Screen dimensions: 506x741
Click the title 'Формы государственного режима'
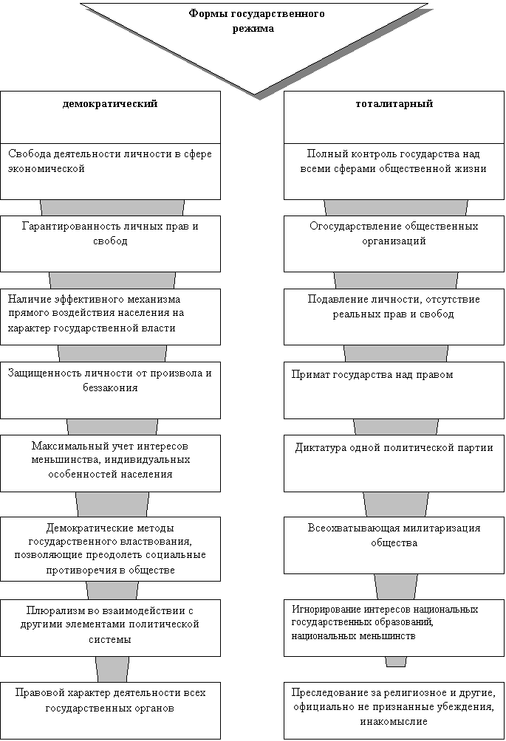tap(256, 21)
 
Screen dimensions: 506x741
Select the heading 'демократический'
tap(110, 103)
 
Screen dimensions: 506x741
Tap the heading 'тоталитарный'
tap(394, 103)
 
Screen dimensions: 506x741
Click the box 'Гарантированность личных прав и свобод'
tap(110, 244)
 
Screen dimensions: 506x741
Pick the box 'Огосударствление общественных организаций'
tap(394, 244)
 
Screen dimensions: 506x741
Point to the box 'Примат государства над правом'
tap(394, 390)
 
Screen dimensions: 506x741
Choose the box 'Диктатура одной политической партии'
tap(394, 463)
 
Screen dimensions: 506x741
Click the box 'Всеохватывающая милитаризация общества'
tap(394, 545)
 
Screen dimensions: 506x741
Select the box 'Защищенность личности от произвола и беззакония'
tap(110, 390)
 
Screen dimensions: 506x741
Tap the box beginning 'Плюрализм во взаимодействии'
tap(110, 628)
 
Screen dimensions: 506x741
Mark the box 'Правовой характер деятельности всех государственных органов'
tap(110, 710)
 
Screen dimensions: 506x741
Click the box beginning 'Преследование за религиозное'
tap(394, 710)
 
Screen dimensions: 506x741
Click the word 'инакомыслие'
tap(394, 722)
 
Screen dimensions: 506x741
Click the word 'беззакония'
tap(110, 388)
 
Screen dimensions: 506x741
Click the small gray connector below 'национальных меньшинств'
tap(396, 661)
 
